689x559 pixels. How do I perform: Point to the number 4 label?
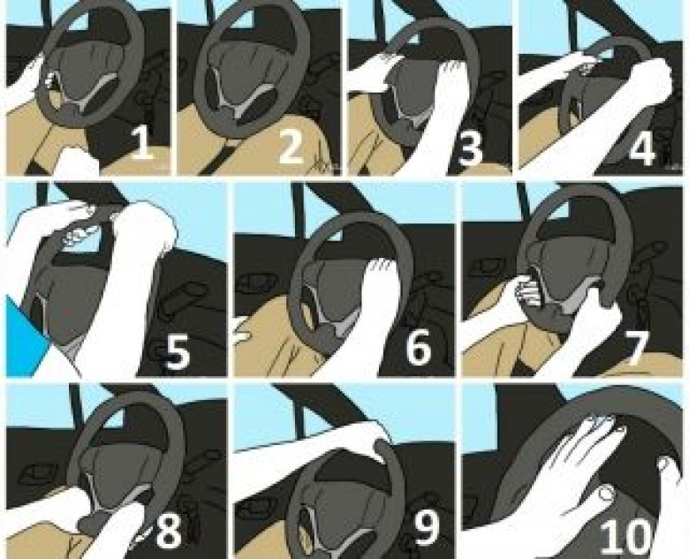(x=641, y=145)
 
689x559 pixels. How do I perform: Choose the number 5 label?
(x=177, y=351)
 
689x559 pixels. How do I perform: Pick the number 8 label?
(x=170, y=529)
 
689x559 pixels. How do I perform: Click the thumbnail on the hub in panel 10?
(x=607, y=495)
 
